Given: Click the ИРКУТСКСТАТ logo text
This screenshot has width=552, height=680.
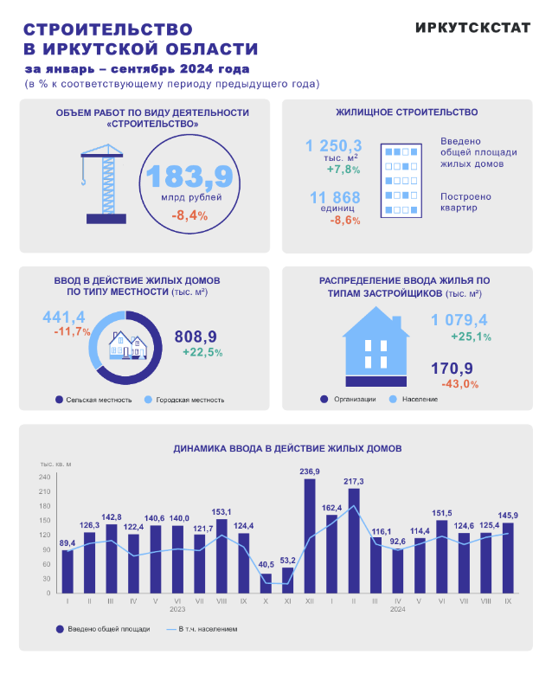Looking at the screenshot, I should pos(472,27).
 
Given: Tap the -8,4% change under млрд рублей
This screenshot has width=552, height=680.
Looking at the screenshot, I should pos(189,215).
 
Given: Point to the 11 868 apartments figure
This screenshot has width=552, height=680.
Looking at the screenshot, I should pos(334,197).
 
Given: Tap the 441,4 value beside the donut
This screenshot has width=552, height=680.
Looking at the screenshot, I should pos(64,317).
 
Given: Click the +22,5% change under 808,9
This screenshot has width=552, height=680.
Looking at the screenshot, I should pos(202,352).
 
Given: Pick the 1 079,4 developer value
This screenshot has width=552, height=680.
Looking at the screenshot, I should pos(459,320).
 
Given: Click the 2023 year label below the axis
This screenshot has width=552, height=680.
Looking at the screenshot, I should pos(177,609).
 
